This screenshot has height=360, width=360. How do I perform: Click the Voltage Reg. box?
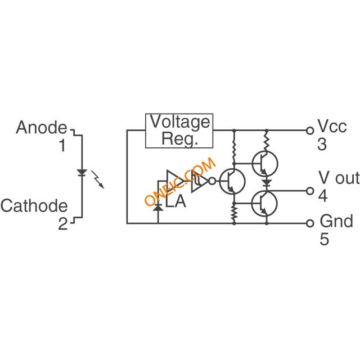pos(179,130)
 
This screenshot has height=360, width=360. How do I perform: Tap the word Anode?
pos(41,128)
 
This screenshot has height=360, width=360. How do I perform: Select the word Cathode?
pos(34,206)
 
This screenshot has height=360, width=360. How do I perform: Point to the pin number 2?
pos(62,224)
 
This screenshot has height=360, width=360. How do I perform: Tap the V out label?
pos(339,179)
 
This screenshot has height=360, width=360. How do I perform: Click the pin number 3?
pos(322,145)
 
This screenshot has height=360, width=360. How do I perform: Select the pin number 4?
pos(322,196)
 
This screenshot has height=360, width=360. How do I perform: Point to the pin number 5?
pos(325,239)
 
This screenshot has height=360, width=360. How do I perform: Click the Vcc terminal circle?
pos(309,130)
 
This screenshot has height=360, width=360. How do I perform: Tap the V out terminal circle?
pos(309,191)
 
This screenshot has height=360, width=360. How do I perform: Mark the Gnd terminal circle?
pos(309,223)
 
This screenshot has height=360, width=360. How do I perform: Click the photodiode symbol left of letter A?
pos(158,207)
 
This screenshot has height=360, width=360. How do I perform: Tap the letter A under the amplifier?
pos(180,202)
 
